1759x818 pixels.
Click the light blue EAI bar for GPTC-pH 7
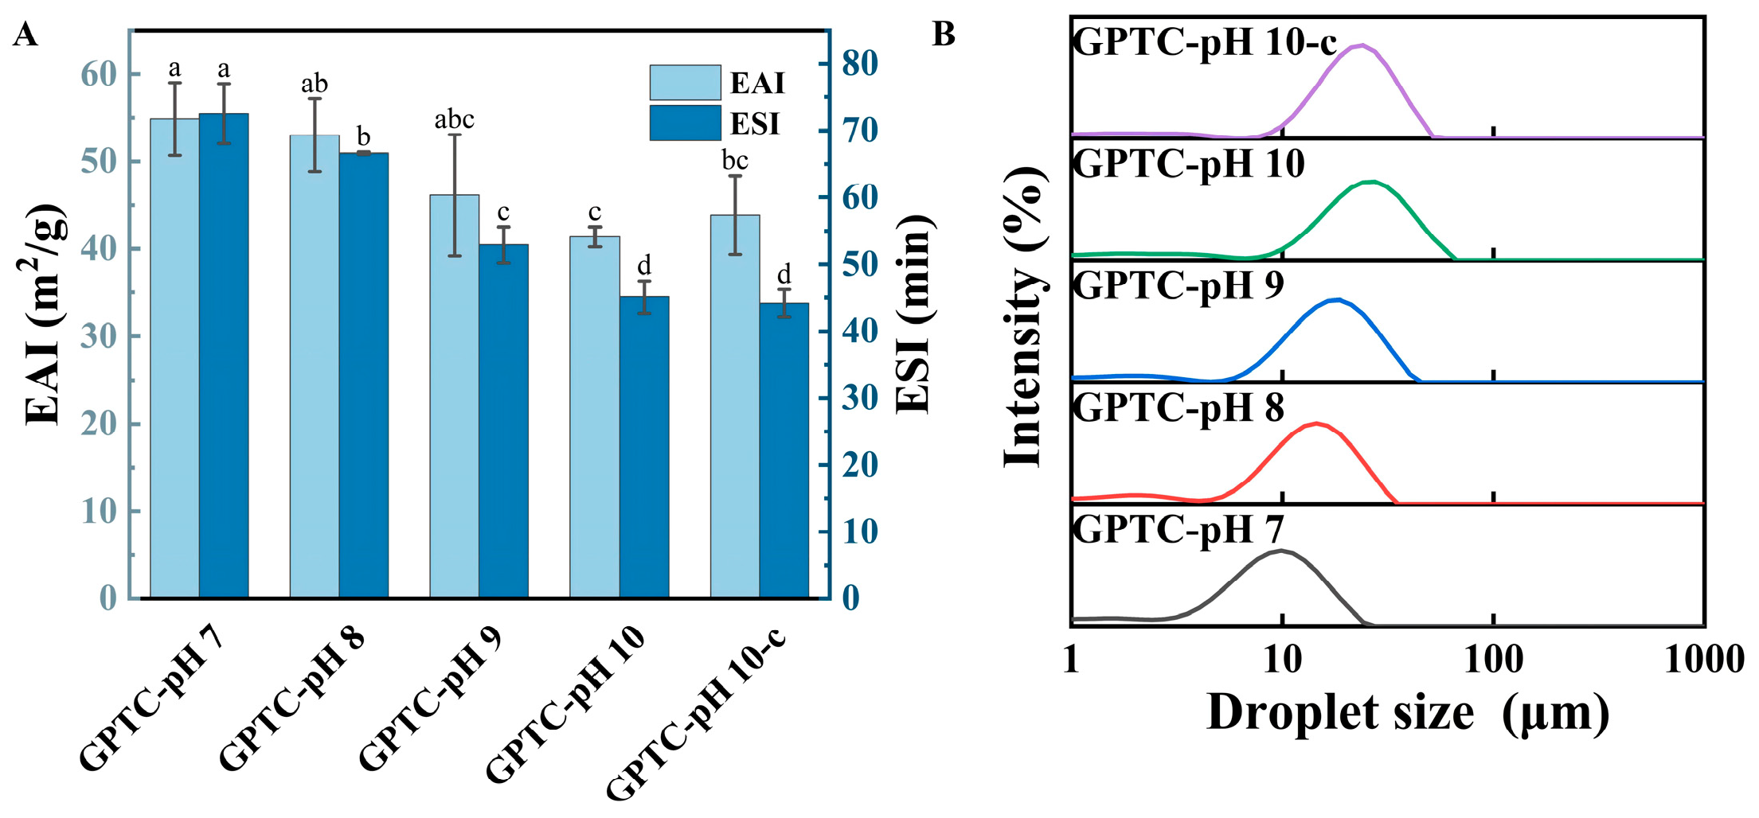click(174, 358)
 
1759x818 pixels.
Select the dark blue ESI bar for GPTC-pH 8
click(364, 374)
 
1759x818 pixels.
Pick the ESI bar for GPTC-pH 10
click(644, 446)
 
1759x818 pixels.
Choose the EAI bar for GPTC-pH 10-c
click(735, 406)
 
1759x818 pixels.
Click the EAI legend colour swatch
click(685, 83)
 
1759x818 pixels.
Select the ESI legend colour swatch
click(685, 123)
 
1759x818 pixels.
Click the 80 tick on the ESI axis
click(859, 64)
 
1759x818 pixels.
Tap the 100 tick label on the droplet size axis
click(1493, 660)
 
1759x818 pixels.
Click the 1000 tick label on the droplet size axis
click(1704, 660)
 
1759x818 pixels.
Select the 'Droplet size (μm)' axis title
click(1408, 712)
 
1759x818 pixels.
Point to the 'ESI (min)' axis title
click(914, 314)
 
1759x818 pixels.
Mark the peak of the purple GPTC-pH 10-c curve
click(1362, 45)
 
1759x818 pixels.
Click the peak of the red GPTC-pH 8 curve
click(1316, 423)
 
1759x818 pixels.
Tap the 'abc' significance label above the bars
click(454, 120)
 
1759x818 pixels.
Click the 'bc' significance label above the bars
click(735, 162)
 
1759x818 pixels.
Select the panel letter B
click(944, 34)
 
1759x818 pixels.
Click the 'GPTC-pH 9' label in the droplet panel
click(1179, 285)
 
